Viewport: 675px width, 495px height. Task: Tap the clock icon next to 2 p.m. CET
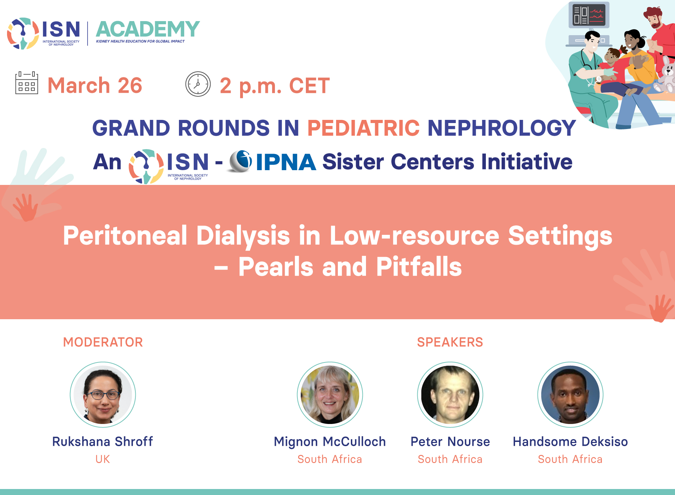[x=198, y=84]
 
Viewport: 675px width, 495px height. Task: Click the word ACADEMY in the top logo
[x=148, y=29]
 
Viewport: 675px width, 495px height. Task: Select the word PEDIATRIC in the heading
[x=363, y=128]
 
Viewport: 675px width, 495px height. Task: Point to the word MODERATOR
[x=103, y=342]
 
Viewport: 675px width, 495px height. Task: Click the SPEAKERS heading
[x=450, y=342]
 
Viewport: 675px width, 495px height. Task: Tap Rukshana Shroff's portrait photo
[x=103, y=394]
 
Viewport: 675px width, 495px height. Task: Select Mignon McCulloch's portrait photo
[x=330, y=394]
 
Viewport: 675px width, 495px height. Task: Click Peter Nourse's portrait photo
[x=450, y=394]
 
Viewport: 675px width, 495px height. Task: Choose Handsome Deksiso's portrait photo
[x=570, y=394]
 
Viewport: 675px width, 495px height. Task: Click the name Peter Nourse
[x=450, y=442]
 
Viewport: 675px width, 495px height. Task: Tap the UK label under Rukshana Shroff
[x=103, y=459]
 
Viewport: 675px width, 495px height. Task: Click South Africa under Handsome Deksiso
[x=570, y=459]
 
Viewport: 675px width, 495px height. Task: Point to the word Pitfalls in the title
[x=419, y=267]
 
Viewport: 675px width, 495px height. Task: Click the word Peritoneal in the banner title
[x=125, y=236]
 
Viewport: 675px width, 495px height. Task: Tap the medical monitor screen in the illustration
[x=589, y=15]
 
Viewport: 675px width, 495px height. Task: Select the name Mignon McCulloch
[x=330, y=442]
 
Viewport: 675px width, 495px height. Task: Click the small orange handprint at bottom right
[x=661, y=308]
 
